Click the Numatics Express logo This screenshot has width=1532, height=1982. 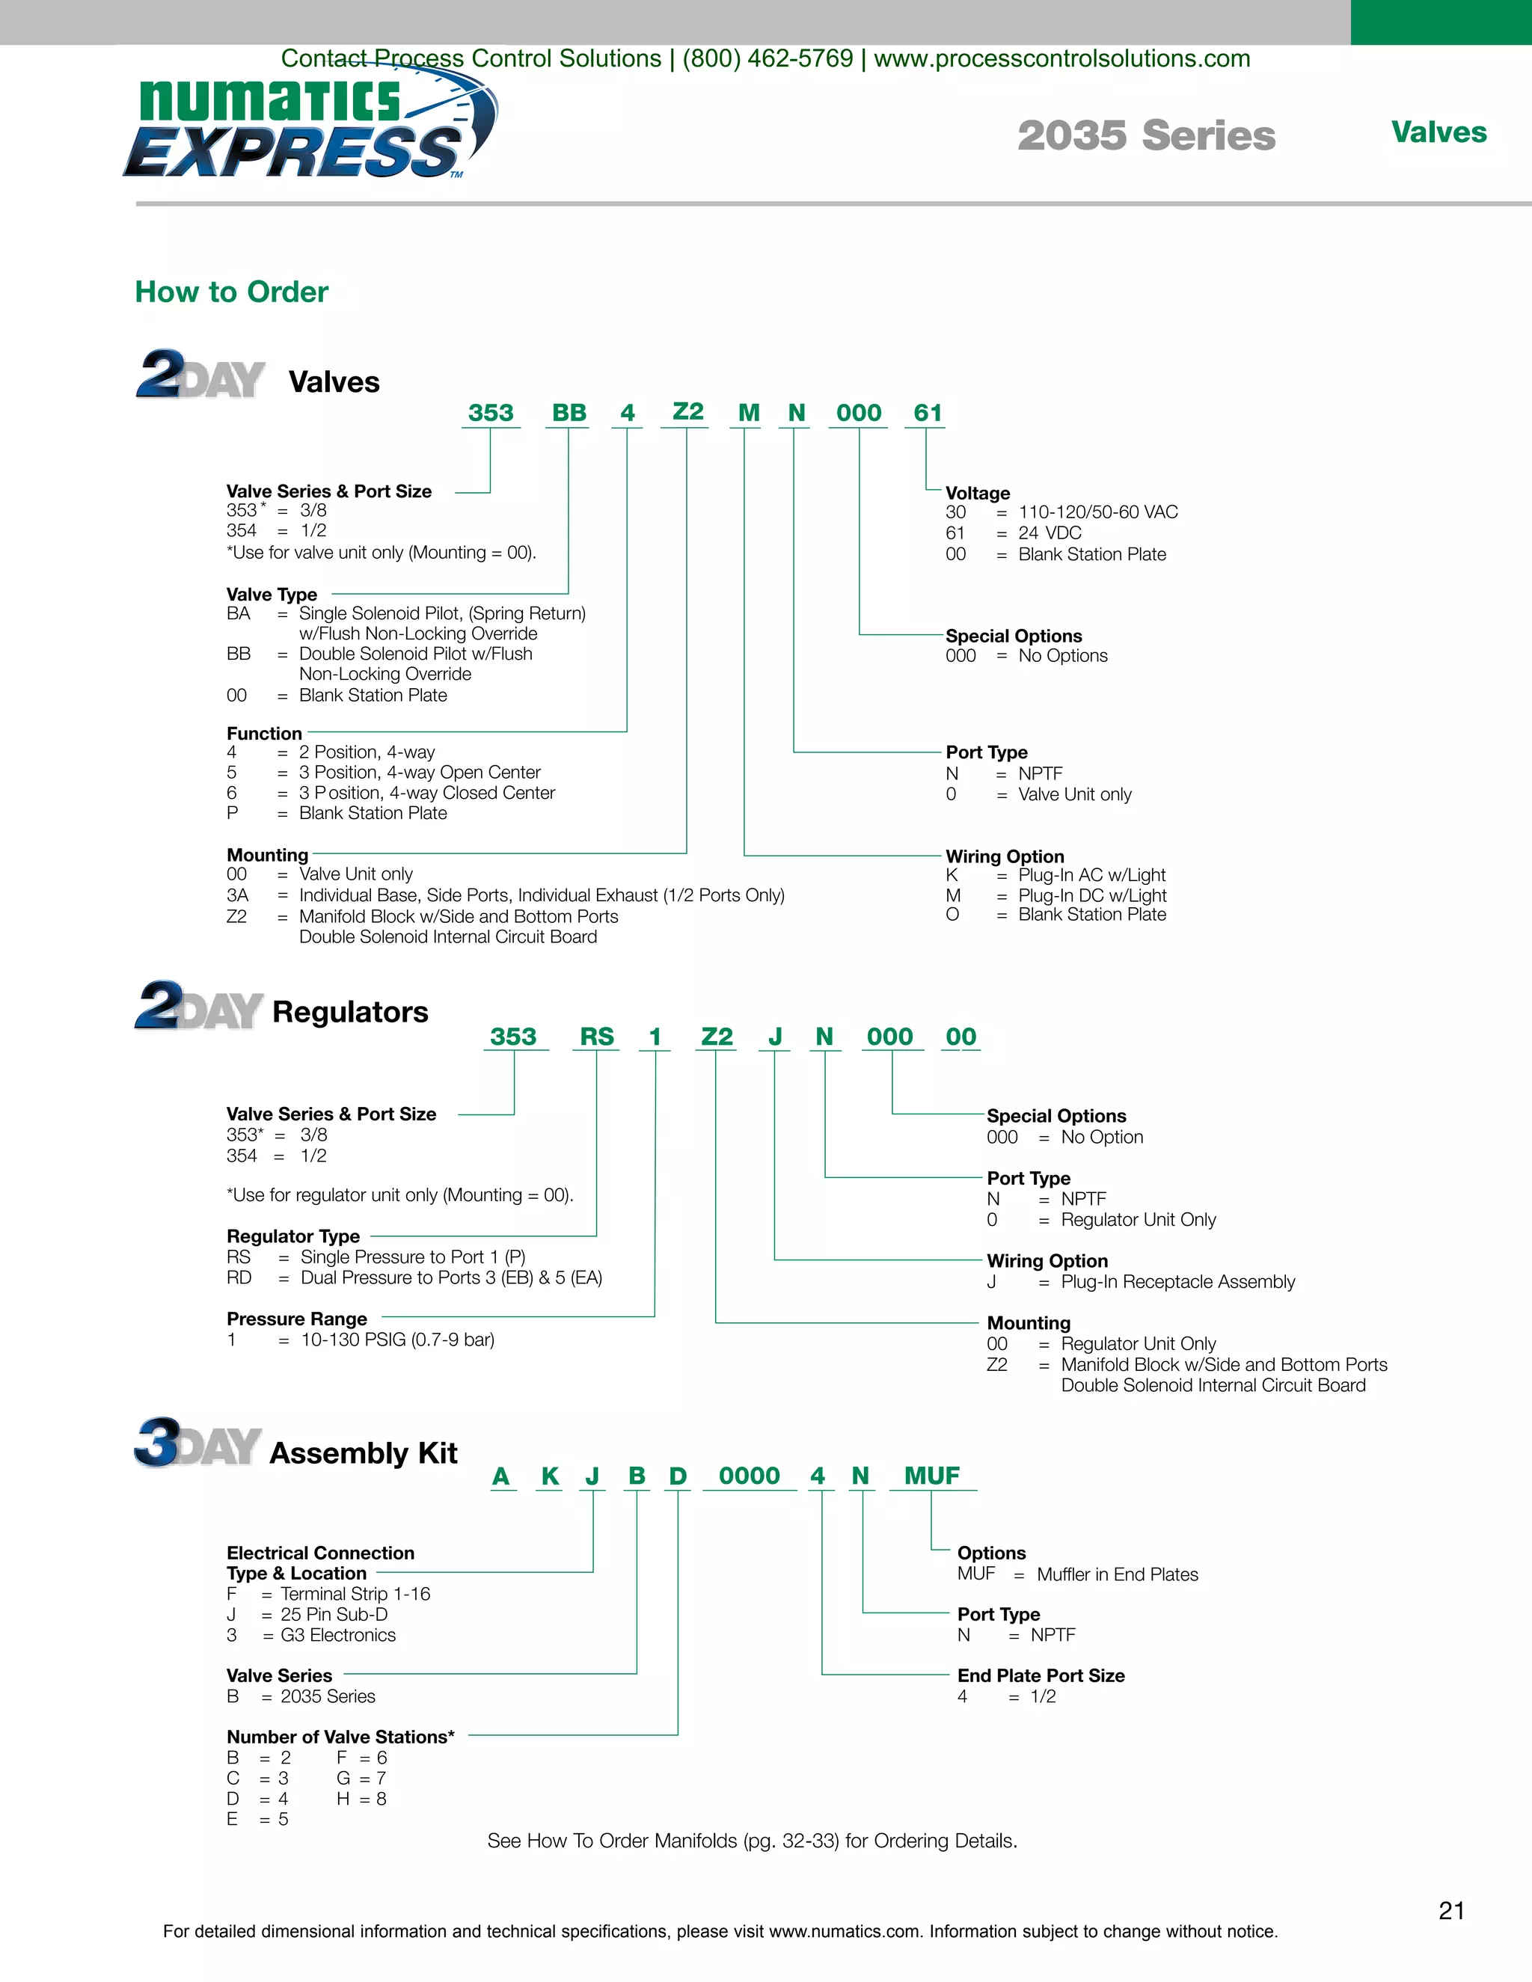click(x=309, y=127)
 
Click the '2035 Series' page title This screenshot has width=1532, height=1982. click(x=1145, y=136)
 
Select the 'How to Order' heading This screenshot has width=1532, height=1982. click(x=231, y=292)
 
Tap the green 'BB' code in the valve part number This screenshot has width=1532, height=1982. click(x=569, y=413)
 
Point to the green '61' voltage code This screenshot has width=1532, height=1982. click(x=928, y=413)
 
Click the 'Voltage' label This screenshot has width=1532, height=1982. click(x=978, y=493)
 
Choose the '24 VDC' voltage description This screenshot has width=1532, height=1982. click(x=1050, y=533)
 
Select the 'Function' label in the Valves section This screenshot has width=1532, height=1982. click(x=264, y=733)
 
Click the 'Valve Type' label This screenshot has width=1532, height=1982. click(x=272, y=595)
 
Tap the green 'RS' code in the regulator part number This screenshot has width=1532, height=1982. click(x=596, y=1037)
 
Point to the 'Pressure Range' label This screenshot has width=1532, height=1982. click(x=297, y=1319)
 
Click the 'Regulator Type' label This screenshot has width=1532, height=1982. click(x=293, y=1236)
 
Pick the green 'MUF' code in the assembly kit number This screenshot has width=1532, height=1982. click(x=931, y=1476)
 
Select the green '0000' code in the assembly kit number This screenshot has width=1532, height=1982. click(x=749, y=1476)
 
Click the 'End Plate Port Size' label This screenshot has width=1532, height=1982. click(x=1041, y=1675)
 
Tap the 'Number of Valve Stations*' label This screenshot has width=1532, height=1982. click(x=340, y=1737)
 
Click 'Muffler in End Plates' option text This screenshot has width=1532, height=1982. click(x=1118, y=1574)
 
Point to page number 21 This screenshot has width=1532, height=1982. click(x=1451, y=1911)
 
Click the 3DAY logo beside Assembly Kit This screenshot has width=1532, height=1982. click(x=197, y=1443)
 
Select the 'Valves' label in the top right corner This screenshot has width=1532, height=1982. click(x=1438, y=132)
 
